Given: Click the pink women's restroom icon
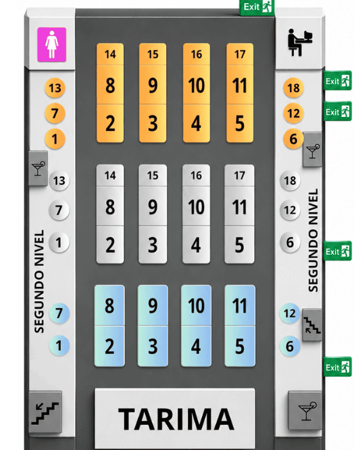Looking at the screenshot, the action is click(51, 45).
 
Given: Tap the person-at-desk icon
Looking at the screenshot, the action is click(300, 42).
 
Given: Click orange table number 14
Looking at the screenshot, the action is click(110, 54).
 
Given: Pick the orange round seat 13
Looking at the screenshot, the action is click(55, 88).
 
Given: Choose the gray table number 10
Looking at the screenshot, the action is click(196, 207).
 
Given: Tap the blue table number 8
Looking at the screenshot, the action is click(109, 306).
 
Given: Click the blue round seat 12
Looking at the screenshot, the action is click(289, 313).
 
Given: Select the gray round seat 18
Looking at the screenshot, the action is click(290, 180).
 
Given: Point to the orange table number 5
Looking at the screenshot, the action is click(240, 123).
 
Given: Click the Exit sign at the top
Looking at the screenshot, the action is click(257, 7).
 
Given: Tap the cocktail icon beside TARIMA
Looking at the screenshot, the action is click(305, 411).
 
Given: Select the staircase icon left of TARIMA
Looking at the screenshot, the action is click(46, 412).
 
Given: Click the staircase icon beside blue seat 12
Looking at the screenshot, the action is click(312, 325).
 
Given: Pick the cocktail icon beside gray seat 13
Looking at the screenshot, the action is click(39, 168).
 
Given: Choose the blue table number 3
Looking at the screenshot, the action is click(153, 347).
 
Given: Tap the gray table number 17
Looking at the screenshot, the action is click(239, 175).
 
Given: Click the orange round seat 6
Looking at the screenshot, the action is click(293, 139).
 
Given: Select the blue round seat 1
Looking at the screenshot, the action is click(59, 345).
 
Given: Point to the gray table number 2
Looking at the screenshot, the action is click(110, 245).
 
